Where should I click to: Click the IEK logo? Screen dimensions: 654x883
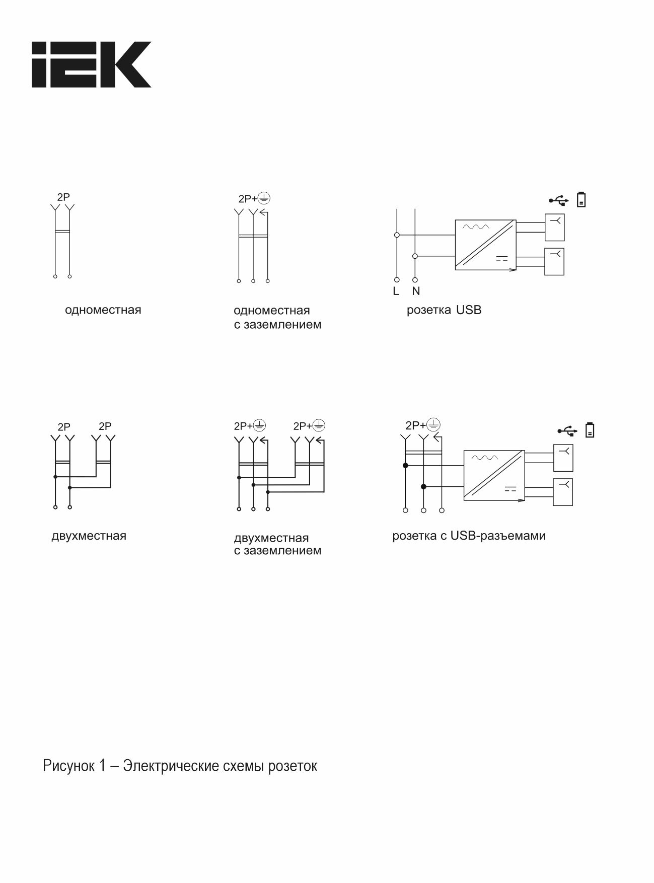coord(92,64)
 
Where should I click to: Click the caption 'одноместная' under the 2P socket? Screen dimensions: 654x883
coord(103,310)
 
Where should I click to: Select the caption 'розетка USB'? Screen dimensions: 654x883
coord(444,310)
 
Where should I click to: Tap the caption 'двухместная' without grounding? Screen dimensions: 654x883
coord(89,536)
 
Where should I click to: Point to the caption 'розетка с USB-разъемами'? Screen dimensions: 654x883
coord(469,536)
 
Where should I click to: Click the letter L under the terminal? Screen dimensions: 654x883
coord(396,291)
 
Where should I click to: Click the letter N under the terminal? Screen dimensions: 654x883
coord(416,291)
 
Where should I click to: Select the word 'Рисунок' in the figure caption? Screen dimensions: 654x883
coord(68,767)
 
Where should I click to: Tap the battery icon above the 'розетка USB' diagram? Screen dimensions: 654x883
coord(582,200)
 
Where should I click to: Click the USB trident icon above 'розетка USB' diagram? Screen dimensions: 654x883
coord(559,200)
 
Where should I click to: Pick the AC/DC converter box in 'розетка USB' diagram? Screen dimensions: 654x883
coord(485,245)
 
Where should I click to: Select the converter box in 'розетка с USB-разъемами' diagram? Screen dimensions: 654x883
coord(494,476)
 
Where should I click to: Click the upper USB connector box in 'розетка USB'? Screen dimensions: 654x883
coord(554,228)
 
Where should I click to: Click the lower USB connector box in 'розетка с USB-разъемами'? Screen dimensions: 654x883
coord(563,492)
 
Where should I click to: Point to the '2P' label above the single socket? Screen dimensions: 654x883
coord(63,197)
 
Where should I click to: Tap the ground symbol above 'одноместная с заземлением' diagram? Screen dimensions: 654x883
coord(264,198)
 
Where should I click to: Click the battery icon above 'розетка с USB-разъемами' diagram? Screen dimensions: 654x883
coord(590,430)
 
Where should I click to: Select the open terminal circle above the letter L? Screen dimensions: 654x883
coord(397,279)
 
